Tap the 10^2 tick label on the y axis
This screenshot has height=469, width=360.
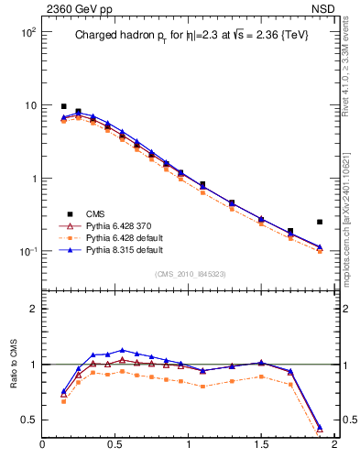coord(25,32)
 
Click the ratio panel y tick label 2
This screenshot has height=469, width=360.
coord(30,309)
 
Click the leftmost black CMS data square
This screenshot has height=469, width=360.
coord(64,106)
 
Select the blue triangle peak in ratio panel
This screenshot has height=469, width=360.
coord(123,350)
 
